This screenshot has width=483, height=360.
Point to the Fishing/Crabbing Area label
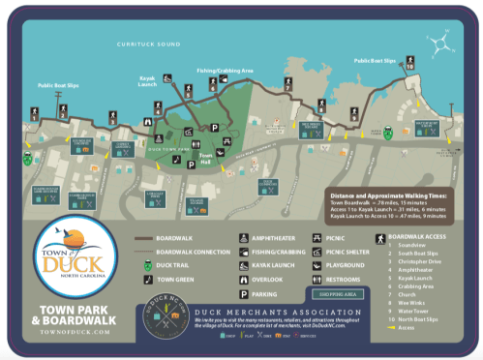click(225, 70)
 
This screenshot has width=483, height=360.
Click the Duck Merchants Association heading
click(291, 312)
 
